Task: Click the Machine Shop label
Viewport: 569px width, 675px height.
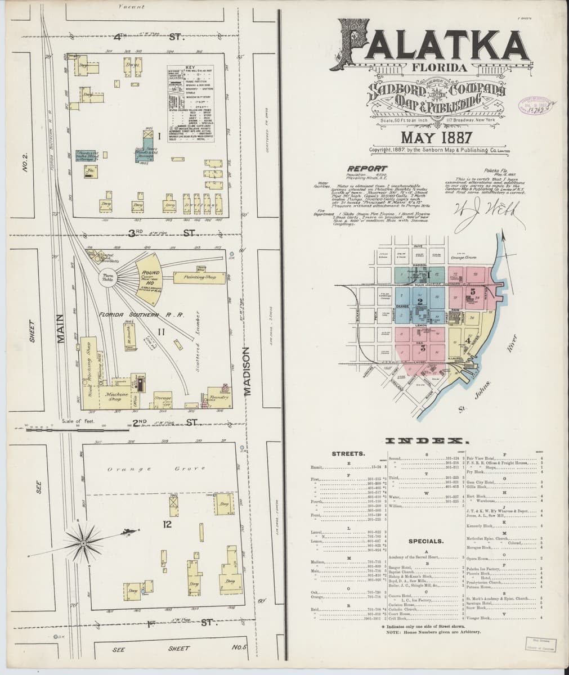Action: point(115,397)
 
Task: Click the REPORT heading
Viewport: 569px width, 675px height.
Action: point(367,168)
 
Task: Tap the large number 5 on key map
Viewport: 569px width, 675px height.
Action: point(472,291)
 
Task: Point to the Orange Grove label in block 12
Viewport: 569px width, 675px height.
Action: point(153,469)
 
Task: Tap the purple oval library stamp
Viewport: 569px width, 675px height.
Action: point(535,105)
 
